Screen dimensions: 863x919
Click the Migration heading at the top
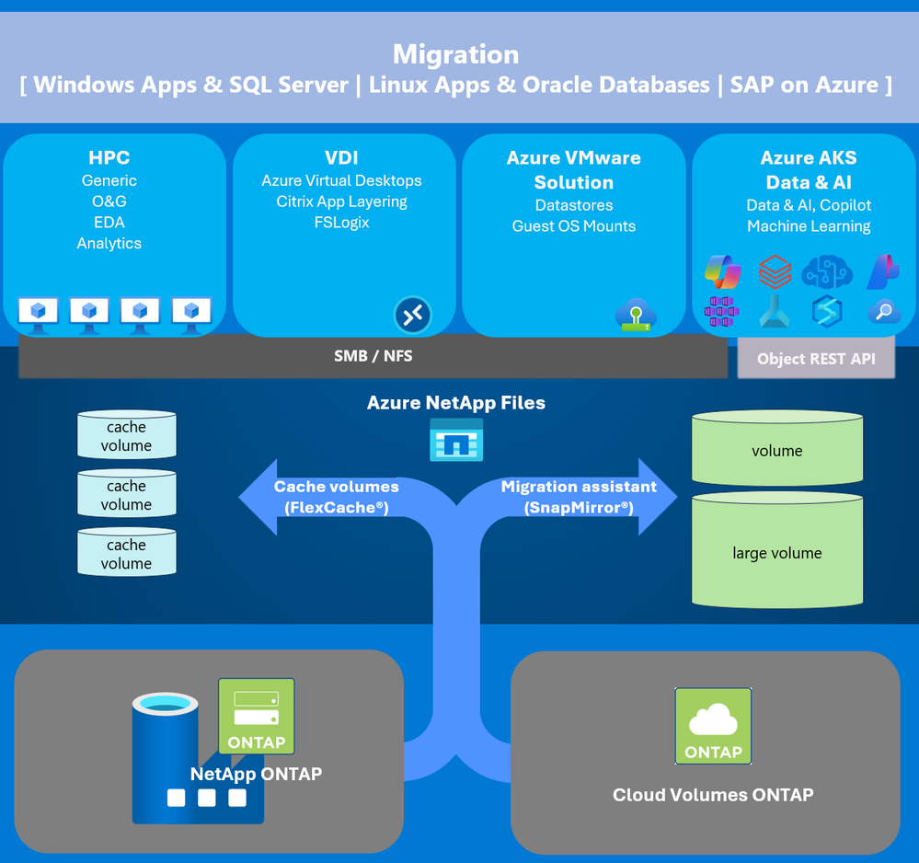(455, 54)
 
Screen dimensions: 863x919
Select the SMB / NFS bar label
(373, 356)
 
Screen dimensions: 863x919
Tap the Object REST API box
(816, 359)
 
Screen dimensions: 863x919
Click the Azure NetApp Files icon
(456, 440)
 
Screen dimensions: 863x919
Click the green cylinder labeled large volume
(777, 552)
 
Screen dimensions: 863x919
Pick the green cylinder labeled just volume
(777, 450)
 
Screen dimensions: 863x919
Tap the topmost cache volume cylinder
(126, 435)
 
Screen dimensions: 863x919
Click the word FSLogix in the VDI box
(341, 222)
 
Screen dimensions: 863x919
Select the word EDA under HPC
(109, 222)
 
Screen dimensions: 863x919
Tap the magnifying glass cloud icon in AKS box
(884, 312)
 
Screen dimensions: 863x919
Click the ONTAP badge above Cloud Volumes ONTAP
(713, 726)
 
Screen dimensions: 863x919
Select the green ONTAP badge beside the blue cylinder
(257, 716)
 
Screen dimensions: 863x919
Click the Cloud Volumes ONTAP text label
(713, 795)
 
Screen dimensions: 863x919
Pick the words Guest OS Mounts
(574, 226)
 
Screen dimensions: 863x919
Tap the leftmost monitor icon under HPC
(38, 311)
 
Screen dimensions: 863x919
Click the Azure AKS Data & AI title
(809, 169)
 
